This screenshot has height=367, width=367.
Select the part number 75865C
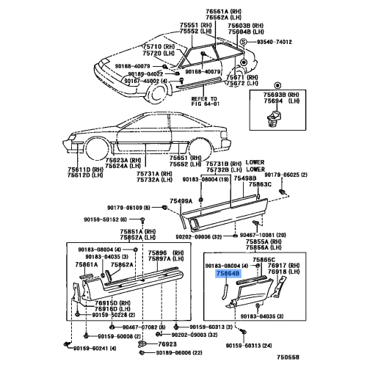point(264,259)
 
